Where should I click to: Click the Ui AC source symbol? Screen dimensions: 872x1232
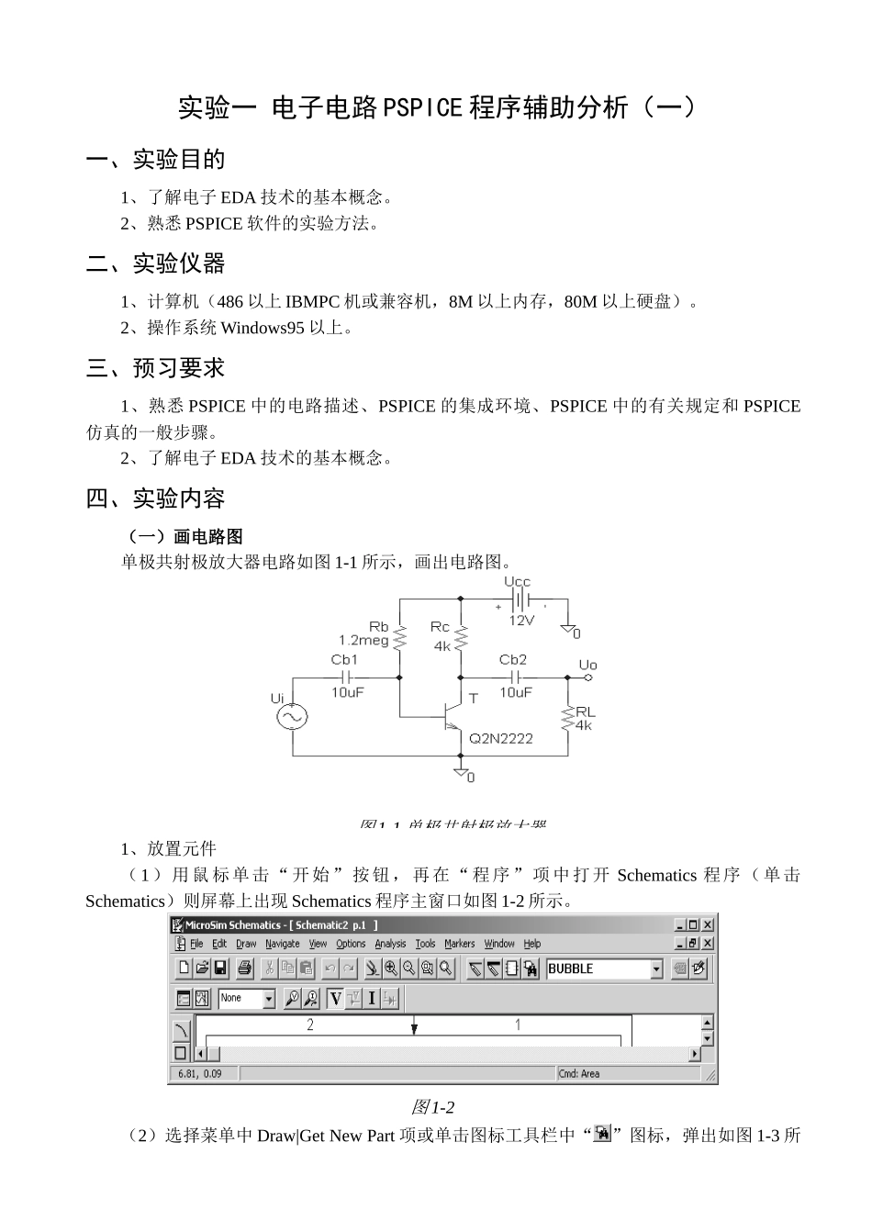[292, 716]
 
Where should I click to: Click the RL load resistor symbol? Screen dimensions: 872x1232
[568, 717]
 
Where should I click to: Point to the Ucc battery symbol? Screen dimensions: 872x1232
[520, 600]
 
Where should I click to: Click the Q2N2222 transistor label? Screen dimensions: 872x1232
[500, 738]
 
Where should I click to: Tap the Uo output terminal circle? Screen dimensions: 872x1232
[588, 678]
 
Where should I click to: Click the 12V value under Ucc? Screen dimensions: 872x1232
[521, 621]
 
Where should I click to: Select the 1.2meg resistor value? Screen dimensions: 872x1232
[363, 641]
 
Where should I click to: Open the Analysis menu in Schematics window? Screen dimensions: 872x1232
[390, 944]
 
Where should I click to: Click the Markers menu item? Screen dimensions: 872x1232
[459, 944]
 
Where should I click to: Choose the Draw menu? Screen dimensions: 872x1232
[246, 944]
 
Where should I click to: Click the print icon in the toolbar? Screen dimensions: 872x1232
[245, 969]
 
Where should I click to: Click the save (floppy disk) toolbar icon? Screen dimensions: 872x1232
[220, 969]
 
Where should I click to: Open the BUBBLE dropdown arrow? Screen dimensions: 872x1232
[656, 969]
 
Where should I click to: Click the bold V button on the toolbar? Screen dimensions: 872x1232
[335, 999]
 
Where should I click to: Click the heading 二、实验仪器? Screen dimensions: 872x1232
[156, 264]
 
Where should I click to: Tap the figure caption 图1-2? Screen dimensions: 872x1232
[433, 1107]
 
